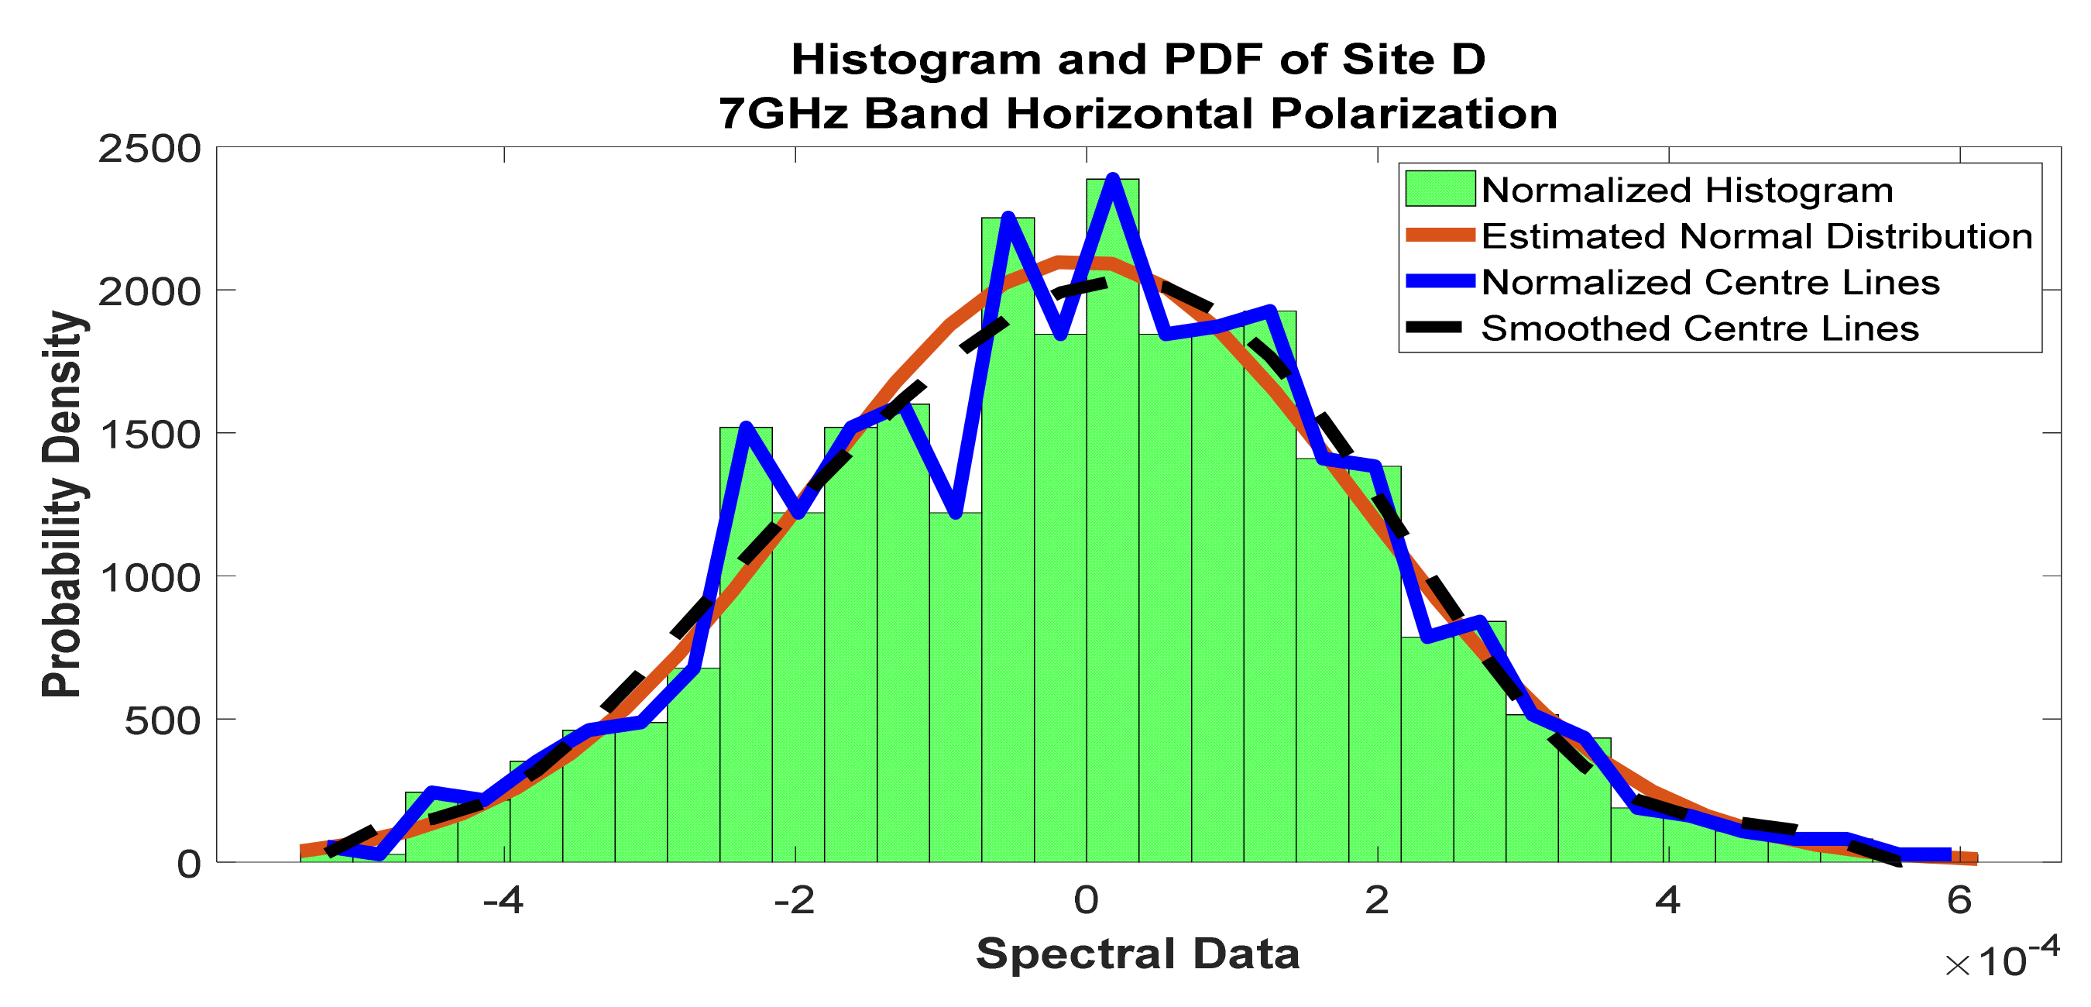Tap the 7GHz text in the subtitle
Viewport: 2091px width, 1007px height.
(x=782, y=113)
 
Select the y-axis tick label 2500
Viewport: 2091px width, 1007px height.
(x=149, y=150)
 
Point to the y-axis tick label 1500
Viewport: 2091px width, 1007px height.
(x=149, y=435)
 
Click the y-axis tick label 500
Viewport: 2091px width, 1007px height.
(x=163, y=721)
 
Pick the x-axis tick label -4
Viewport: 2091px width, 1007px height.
(x=503, y=901)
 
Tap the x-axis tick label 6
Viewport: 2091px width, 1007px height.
(x=1959, y=901)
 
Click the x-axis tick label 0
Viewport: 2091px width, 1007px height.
(x=1086, y=901)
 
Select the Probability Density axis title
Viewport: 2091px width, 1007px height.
(x=63, y=503)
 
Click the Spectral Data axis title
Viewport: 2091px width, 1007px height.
(x=1138, y=954)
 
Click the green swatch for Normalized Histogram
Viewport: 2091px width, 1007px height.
(x=1440, y=189)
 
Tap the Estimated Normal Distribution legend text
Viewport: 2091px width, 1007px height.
(x=1756, y=236)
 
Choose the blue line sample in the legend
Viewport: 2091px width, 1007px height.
(x=1440, y=281)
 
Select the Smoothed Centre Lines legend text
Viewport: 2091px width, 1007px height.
(x=1700, y=328)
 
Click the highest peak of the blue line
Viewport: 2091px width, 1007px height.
(x=1113, y=179)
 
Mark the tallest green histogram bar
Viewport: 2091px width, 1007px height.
(x=1113, y=520)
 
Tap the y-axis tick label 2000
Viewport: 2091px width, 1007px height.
(x=149, y=292)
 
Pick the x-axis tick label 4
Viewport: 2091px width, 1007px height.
(x=1667, y=901)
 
